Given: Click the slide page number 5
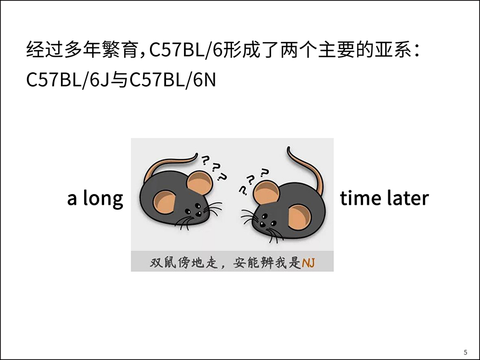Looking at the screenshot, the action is pyautogui.click(x=465, y=352).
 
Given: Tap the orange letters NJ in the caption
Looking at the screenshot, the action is pyautogui.click(x=308, y=263).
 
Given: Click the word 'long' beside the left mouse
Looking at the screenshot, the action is pyautogui.click(x=103, y=199).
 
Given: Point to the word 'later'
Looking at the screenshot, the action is pyautogui.click(x=408, y=198).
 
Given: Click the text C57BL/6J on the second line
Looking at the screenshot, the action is pyautogui.click(x=67, y=80).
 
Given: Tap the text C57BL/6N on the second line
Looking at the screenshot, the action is pyautogui.click(x=173, y=80).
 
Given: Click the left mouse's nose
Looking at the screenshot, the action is pyautogui.click(x=199, y=214).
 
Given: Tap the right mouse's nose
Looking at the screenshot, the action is pyautogui.click(x=262, y=225).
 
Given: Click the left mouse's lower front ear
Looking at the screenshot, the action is pyautogui.click(x=164, y=203).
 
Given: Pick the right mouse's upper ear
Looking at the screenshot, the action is pyautogui.click(x=266, y=192).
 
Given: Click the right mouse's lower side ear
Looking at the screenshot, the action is pyautogui.click(x=300, y=218).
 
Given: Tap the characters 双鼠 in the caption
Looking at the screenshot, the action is pyautogui.click(x=163, y=263).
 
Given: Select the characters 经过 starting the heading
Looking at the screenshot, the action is pyautogui.click(x=45, y=50).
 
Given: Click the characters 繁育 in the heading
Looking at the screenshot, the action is pyautogui.click(x=120, y=50).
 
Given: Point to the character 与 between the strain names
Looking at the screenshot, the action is pyautogui.click(x=119, y=80).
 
